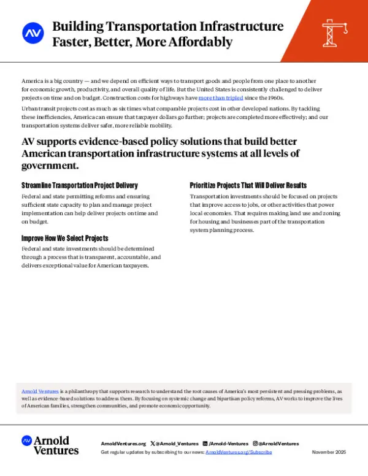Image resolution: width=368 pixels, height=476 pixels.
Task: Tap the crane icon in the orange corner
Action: click(x=335, y=31)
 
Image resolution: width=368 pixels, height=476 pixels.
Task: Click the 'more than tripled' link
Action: click(x=221, y=98)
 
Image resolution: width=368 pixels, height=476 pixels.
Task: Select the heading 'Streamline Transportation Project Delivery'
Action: click(x=79, y=185)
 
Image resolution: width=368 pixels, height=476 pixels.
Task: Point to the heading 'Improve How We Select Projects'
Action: click(x=64, y=237)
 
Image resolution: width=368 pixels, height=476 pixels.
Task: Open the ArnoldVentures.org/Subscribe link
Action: click(x=239, y=451)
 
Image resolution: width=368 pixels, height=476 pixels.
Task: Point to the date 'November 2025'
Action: click(x=329, y=451)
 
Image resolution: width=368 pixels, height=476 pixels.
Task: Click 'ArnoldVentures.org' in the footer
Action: click(x=123, y=443)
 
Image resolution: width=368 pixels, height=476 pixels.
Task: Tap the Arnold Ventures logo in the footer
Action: click(x=50, y=445)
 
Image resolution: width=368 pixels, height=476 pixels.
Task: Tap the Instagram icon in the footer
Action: click(x=255, y=443)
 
